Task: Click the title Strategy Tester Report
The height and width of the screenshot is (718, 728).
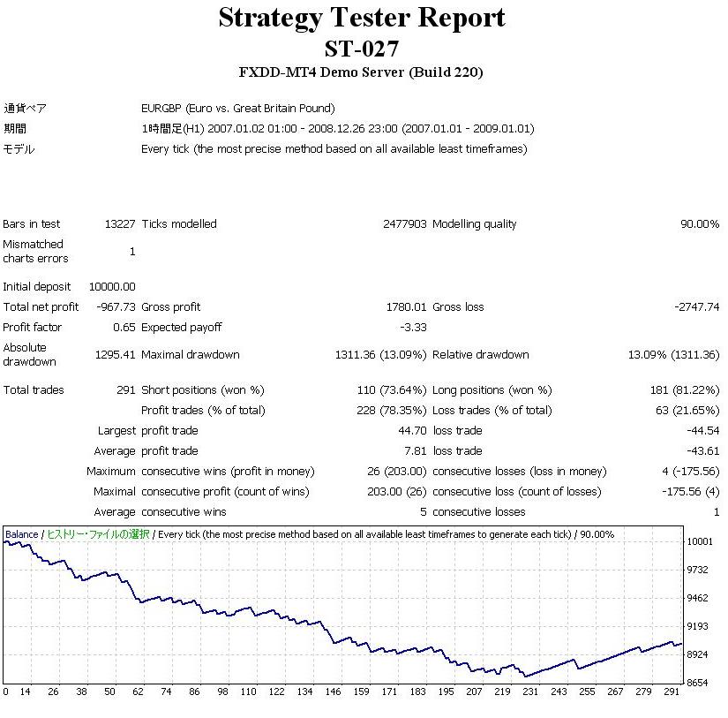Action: point(362,18)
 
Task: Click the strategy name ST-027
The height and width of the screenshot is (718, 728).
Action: point(362,48)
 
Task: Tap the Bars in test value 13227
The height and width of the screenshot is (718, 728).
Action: point(119,224)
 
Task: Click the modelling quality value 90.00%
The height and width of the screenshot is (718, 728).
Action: point(699,224)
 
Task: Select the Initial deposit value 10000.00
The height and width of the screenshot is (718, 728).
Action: point(112,287)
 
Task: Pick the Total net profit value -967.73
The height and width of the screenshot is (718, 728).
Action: point(115,307)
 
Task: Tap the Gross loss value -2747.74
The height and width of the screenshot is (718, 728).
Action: point(696,307)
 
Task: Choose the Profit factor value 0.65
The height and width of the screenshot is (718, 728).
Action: point(124,328)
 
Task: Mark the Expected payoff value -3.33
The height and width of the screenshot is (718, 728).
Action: point(413,328)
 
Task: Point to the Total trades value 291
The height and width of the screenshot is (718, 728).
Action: point(126,390)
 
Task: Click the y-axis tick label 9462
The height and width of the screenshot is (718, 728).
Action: point(698,598)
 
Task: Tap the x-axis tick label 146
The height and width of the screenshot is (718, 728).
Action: point(333,692)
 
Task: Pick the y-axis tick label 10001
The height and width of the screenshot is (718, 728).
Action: point(700,541)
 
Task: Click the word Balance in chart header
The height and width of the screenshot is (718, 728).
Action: point(22,534)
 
